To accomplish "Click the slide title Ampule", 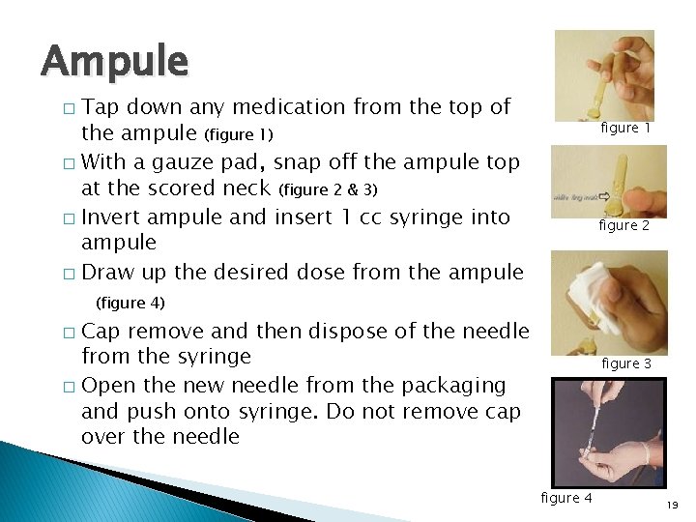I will pos(114,62).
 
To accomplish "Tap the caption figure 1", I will pos(625,128).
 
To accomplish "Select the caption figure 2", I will pos(623,225).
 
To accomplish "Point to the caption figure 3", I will pos(626,363).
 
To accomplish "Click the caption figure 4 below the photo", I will pos(566,497).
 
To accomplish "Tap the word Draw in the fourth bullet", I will pos(108,272).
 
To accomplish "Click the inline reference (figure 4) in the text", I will pos(130,303).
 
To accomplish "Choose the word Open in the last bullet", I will pos(108,385).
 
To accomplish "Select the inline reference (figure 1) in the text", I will pos(238,133).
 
